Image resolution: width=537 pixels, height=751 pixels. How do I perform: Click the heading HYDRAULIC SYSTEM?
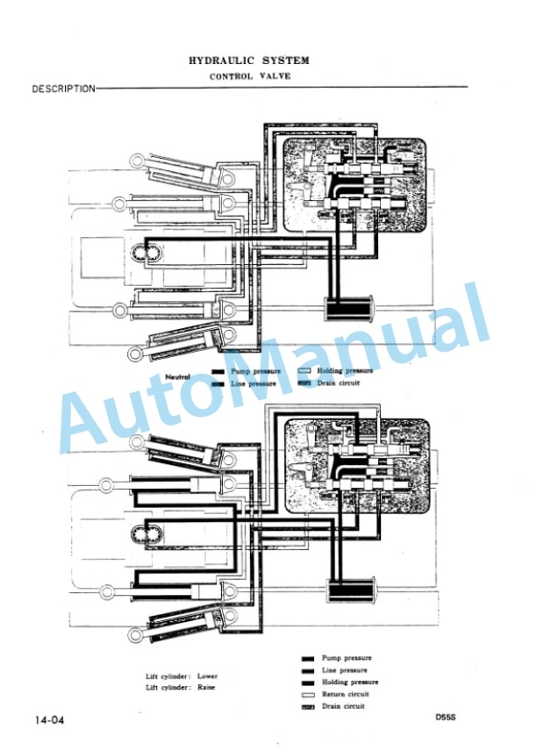248,61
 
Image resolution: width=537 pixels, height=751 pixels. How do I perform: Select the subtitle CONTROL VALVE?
249,76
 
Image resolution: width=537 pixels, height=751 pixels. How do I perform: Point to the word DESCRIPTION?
64,89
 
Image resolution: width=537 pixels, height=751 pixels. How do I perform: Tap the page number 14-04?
49,720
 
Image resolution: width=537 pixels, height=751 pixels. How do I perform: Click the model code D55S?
446,718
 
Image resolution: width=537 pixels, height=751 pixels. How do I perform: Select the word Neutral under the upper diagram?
178,377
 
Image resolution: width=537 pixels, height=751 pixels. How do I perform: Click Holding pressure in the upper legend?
345,371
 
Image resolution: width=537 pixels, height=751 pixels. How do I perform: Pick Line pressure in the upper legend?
254,383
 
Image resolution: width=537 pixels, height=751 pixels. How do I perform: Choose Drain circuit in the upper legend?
338,383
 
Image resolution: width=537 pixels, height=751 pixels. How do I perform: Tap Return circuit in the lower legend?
346,694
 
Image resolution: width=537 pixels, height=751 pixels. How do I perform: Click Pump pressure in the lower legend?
347,658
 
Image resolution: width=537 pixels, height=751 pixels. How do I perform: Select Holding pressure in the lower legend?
350,682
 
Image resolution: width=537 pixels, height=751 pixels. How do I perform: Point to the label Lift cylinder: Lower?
182,676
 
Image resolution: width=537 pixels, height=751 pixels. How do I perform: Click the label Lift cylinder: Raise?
181,687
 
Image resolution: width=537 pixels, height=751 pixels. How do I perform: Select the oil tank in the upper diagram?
349,309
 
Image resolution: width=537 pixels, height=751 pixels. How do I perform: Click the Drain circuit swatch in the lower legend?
308,707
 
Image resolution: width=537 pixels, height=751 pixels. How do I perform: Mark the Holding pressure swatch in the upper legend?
304,371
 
